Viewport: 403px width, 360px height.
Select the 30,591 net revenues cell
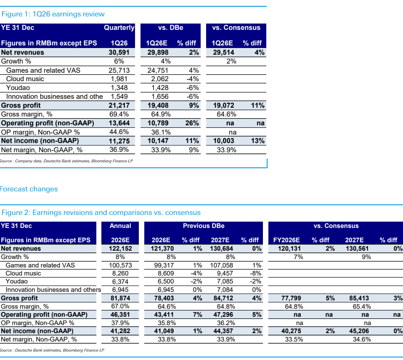[119, 53]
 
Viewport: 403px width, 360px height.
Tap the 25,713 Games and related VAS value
[119, 70]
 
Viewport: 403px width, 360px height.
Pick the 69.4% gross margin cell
[119, 114]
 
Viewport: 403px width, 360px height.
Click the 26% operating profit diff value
[192, 123]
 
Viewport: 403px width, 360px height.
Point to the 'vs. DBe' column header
[171, 28]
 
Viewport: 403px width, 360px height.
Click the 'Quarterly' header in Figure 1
[119, 28]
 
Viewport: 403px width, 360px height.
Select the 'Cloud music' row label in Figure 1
[25, 79]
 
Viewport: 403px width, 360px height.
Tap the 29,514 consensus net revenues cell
[224, 53]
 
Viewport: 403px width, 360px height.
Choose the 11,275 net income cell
[119, 141]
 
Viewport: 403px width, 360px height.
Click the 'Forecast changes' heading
[29, 189]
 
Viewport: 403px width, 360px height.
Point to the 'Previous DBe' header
[204, 226]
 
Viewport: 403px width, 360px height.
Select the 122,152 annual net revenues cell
[120, 249]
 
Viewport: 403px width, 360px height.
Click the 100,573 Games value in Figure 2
[120, 265]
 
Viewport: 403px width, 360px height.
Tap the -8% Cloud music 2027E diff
[255, 273]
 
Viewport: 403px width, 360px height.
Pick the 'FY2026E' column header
[286, 240]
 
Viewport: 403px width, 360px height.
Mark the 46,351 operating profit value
[120, 315]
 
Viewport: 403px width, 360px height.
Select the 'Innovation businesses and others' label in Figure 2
[53, 290]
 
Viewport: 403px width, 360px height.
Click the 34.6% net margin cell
[362, 339]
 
